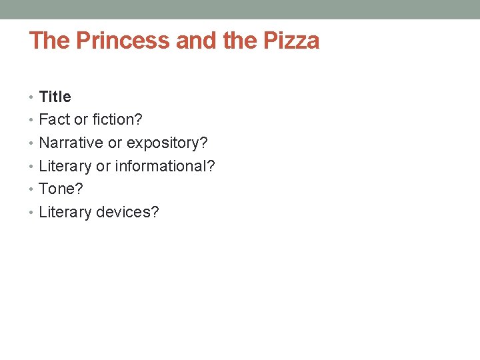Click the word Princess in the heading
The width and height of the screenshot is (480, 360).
(123, 41)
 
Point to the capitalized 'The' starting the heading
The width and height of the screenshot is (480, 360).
(50, 41)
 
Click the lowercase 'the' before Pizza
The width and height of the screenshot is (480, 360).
(241, 41)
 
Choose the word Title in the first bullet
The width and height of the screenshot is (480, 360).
(55, 97)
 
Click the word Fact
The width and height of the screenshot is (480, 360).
(55, 120)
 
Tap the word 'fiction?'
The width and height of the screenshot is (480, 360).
(118, 120)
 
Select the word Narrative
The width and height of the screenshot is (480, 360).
(71, 143)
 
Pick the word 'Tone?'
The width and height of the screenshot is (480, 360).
(61, 189)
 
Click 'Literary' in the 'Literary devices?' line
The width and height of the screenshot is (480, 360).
(65, 212)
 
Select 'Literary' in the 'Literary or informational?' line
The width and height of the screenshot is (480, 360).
(65, 166)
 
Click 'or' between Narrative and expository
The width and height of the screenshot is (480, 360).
(115, 143)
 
